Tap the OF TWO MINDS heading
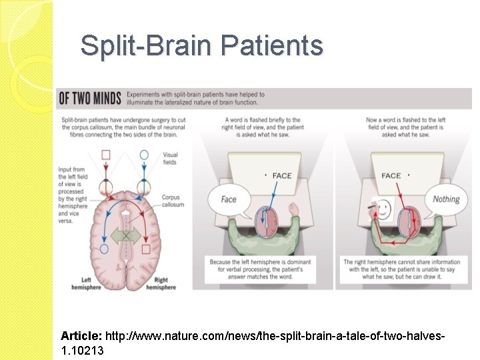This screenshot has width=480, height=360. [91, 99]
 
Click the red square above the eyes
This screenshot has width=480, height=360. [105, 155]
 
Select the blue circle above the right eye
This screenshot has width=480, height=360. [143, 155]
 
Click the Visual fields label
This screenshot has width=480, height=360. [170, 159]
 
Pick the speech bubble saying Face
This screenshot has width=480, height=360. [229, 199]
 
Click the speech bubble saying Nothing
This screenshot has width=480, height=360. [446, 199]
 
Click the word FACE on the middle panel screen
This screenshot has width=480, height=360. [282, 176]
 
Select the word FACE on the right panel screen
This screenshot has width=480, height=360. [391, 176]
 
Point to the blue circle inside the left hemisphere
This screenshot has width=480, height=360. [103, 249]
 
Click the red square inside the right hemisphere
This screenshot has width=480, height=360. [146, 249]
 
